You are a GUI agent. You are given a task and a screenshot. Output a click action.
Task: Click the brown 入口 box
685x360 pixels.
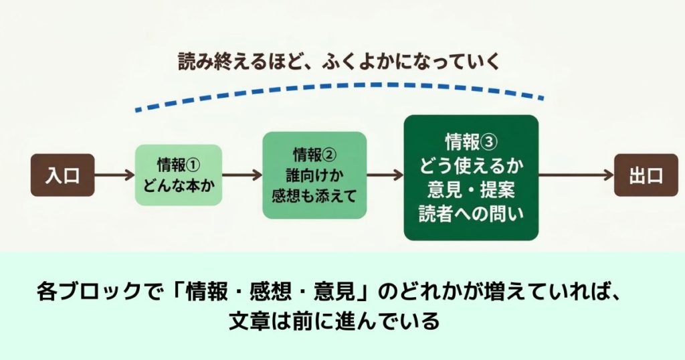click(x=62, y=175)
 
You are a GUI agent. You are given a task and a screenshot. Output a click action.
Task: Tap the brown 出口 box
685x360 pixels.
click(x=646, y=175)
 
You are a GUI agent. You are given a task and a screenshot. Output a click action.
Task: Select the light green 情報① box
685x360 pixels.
click(x=179, y=175)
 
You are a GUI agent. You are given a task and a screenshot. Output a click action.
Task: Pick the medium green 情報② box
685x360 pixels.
click(x=314, y=175)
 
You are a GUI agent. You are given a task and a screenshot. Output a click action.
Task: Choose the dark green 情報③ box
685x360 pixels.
click(x=471, y=177)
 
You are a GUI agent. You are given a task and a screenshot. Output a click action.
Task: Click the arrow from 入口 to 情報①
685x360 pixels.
click(x=114, y=175)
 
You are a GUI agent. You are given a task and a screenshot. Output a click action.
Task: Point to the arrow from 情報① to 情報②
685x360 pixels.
click(x=242, y=175)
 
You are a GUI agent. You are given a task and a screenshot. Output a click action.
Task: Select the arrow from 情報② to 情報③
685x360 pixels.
click(x=385, y=175)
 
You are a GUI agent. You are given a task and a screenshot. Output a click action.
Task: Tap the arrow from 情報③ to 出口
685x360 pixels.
click(x=576, y=175)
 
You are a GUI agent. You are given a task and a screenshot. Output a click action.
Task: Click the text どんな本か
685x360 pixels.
click(x=179, y=185)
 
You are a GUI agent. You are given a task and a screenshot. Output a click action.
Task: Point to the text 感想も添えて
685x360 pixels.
click(x=314, y=195)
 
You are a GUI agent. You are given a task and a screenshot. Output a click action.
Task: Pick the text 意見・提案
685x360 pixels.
click(x=471, y=189)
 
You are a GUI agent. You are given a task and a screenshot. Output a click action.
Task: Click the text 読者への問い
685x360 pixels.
click(x=471, y=213)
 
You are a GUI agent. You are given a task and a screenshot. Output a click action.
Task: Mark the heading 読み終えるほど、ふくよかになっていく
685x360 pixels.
click(x=338, y=62)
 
